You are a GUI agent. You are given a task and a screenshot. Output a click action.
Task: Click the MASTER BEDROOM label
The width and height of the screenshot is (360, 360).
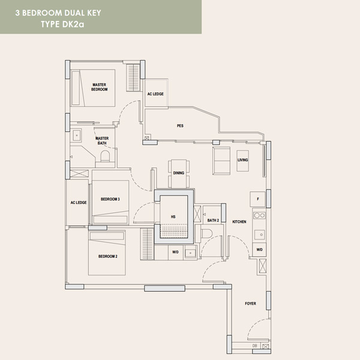100,87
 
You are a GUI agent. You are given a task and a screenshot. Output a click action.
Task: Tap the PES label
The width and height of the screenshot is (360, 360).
180,126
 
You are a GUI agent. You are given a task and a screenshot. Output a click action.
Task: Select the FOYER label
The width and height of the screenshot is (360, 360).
250,304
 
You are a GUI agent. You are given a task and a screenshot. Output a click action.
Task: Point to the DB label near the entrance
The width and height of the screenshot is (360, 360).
255,346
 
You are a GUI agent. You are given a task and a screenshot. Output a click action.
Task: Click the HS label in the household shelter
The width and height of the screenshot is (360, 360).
173,217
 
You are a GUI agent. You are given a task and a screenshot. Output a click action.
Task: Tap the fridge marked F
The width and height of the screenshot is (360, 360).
257,199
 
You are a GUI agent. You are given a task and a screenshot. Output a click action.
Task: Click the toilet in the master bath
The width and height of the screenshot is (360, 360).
105,156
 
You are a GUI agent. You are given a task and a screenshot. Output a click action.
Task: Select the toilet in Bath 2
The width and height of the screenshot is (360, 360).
206,234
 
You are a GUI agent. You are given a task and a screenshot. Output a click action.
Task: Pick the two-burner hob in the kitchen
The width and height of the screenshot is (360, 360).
259,215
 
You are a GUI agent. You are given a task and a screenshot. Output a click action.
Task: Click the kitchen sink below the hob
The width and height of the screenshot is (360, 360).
260,235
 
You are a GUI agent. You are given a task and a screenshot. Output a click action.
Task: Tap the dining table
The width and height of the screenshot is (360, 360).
179,174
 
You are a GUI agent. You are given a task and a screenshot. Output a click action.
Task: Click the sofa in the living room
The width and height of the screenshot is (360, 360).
221,161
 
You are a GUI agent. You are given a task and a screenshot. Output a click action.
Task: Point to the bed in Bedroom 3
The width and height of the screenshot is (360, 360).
110,202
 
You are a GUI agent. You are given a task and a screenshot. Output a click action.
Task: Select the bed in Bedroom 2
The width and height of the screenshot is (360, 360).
107,253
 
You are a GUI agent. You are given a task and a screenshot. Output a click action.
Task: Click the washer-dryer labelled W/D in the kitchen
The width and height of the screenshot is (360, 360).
259,250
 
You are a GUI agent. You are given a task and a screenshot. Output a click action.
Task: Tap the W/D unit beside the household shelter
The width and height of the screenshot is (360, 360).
176,253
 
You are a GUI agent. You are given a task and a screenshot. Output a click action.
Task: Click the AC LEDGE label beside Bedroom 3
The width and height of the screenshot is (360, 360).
79,203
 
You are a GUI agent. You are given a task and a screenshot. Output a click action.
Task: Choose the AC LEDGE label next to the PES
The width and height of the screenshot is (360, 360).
155,94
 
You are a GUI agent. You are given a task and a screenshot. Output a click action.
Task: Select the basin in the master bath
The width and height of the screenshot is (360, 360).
76,136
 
